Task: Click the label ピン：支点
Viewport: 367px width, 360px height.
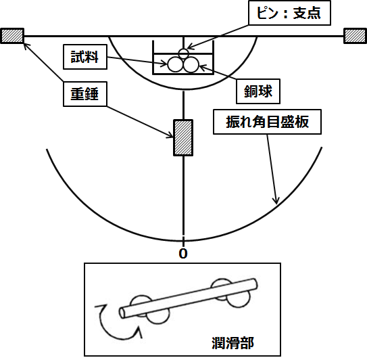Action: coord(289,13)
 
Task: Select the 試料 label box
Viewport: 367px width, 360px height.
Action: coord(85,57)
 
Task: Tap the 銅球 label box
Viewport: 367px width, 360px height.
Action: coord(258,91)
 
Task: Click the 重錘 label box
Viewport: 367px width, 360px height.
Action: coord(85,94)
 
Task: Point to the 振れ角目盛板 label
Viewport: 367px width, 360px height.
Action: coord(267,122)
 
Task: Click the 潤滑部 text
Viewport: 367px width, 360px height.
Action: coord(233,343)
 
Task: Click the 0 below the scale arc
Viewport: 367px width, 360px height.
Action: coord(183,253)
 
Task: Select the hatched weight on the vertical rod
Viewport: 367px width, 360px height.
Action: coord(183,137)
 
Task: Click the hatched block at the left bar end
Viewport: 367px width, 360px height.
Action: coord(12,36)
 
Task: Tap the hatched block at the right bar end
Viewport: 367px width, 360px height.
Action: coord(355,36)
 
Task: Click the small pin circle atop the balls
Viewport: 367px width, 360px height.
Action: coord(183,53)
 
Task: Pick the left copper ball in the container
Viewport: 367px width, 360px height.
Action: coord(175,64)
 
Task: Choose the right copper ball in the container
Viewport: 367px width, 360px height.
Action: coord(191,64)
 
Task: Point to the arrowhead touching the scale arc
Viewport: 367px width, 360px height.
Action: coord(276,201)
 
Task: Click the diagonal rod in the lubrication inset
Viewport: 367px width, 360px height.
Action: coord(189,298)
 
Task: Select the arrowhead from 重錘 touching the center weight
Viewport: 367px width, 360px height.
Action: coord(170,135)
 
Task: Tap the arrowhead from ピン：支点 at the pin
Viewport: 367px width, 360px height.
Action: coord(190,47)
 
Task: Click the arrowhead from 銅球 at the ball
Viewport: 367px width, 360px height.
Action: coord(202,68)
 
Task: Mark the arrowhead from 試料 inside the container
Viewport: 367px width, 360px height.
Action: coord(164,64)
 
